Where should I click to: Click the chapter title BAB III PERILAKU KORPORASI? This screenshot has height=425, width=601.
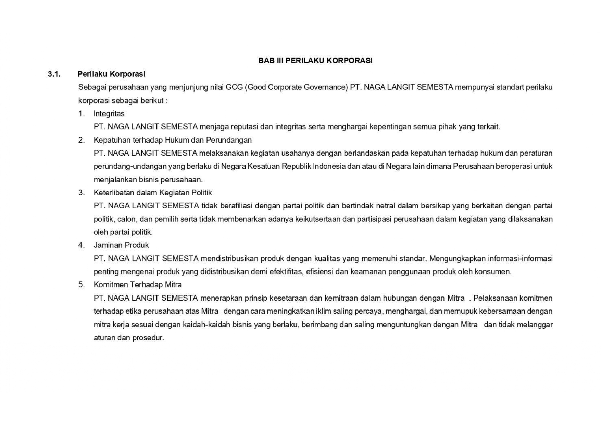[x=315, y=61]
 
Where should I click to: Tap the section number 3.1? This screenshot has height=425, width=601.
[x=54, y=74]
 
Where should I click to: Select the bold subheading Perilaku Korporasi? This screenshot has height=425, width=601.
[x=111, y=74]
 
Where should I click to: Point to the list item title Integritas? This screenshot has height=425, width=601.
[x=109, y=114]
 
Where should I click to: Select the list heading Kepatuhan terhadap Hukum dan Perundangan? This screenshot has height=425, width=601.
[x=173, y=140]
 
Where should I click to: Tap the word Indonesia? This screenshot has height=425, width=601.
[x=329, y=166]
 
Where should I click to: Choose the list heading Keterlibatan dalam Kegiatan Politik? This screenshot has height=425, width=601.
[x=153, y=193]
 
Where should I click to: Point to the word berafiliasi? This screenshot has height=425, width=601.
[x=236, y=206]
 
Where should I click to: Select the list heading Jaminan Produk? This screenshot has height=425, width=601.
[x=121, y=245]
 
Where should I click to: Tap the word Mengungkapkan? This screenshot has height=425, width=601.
[x=457, y=258]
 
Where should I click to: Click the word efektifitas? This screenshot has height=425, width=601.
[x=286, y=272]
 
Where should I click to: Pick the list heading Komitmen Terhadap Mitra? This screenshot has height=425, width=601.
[x=138, y=285]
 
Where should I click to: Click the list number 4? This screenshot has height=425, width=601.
[x=81, y=245]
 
